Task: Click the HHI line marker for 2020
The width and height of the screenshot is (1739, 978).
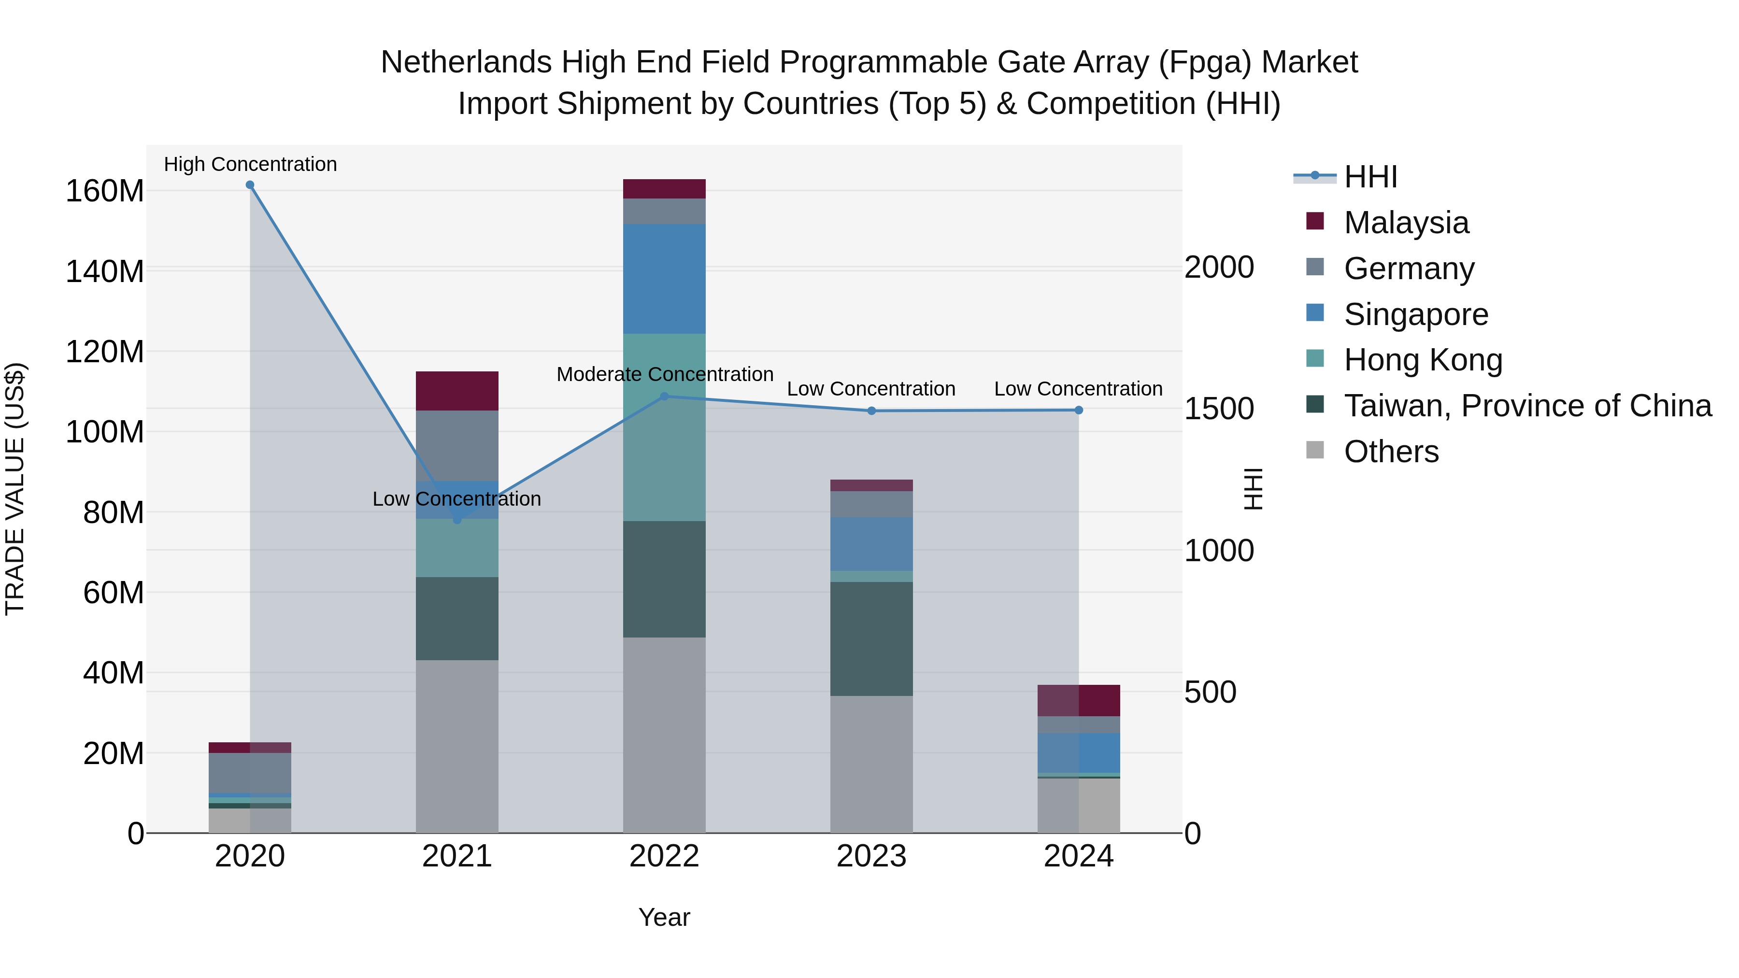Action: (x=250, y=185)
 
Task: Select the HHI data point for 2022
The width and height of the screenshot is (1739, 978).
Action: (x=664, y=396)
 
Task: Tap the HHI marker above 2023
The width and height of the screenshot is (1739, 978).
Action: (x=871, y=411)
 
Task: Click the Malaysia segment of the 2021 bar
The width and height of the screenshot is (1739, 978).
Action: (x=457, y=391)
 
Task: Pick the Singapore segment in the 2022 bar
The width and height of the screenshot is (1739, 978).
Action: (x=664, y=278)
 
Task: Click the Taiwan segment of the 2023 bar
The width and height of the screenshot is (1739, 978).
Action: (x=871, y=638)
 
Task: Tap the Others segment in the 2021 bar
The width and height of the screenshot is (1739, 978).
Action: (x=457, y=746)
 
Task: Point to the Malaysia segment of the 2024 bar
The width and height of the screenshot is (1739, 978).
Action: (x=1079, y=701)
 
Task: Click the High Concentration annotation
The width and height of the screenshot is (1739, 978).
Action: (x=250, y=164)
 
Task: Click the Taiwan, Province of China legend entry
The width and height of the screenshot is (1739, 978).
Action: (x=1527, y=406)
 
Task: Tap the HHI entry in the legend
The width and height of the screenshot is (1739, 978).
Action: (x=1370, y=177)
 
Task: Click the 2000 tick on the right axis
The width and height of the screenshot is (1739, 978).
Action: (x=1219, y=267)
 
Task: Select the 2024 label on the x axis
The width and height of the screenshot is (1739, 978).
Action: (x=1079, y=856)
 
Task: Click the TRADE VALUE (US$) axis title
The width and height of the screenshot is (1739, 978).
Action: (x=15, y=489)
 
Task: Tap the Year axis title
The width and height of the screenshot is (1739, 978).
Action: (x=664, y=917)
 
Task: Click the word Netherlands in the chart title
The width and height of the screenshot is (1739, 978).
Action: (x=466, y=62)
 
